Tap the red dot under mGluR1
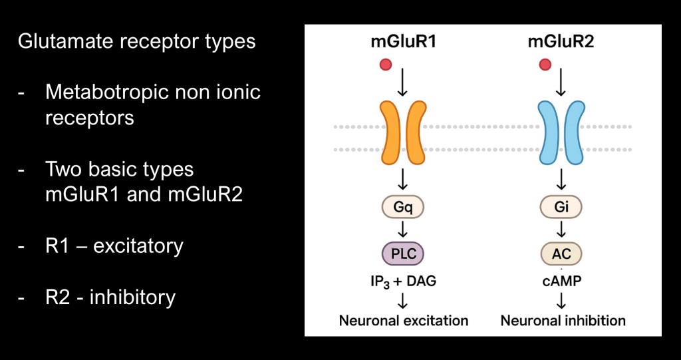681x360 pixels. pos(385,65)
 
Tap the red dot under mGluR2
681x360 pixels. pos(545,65)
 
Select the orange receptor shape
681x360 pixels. pos(402,133)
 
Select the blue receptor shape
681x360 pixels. pos(561,133)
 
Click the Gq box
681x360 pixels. pos(402,208)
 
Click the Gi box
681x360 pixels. pos(561,208)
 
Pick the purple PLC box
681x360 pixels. pos(402,254)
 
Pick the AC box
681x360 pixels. pos(561,254)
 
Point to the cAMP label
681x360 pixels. pos(561,281)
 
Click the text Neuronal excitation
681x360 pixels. pos(404,321)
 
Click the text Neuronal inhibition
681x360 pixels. pos(563,321)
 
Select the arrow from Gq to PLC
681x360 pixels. pos(402,230)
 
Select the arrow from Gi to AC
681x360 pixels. pos(561,230)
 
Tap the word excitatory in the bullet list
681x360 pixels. pos(138,246)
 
